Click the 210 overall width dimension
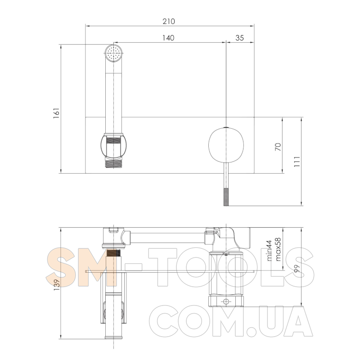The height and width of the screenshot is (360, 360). coord(169,21)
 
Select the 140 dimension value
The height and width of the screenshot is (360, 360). coord(168,38)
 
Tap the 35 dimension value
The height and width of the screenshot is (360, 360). coord(239,38)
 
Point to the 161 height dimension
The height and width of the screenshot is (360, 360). coord(57,113)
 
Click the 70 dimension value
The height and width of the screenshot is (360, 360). coord(278,147)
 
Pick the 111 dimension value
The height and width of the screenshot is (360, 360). coord(297,162)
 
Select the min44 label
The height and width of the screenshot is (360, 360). coord(269,251)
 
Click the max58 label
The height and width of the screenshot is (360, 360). coord(278,249)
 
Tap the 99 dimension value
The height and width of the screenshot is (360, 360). coord(297,269)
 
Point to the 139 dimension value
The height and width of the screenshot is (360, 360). coord(57,285)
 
